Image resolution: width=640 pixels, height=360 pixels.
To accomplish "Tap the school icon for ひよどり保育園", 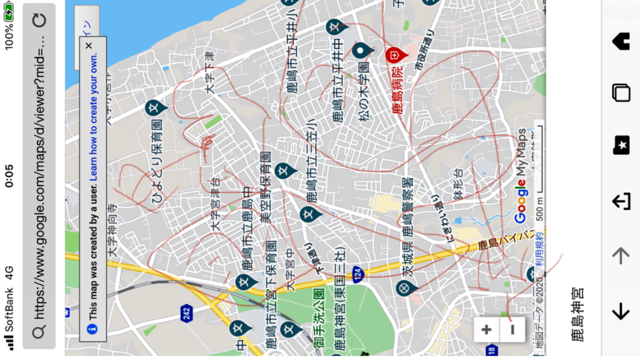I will tap(155, 108).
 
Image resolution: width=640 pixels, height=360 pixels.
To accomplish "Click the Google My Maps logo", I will tap(520, 176).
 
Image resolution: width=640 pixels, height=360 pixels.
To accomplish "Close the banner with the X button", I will tap(89, 45).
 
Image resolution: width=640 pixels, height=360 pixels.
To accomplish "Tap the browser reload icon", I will tap(39, 21).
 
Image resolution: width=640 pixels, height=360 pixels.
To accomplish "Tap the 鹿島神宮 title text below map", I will tap(577, 314).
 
